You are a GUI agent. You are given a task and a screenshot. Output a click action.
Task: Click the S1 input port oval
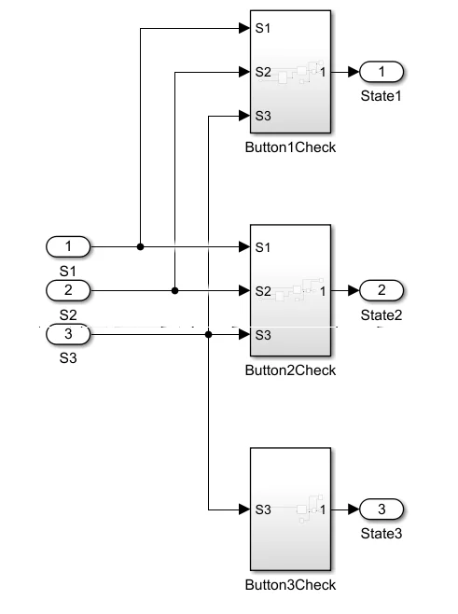(68, 246)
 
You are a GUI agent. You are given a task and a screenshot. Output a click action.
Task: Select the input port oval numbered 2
(68, 290)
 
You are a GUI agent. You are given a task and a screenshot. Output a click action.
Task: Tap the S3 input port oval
(68, 334)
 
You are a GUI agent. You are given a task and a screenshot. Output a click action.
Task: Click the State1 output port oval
(382, 72)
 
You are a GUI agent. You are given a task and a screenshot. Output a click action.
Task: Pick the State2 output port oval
(382, 290)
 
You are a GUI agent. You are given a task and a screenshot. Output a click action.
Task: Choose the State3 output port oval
(382, 509)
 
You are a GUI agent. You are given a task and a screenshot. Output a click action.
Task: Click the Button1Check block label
(290, 147)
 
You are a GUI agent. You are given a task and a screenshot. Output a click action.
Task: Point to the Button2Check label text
(290, 370)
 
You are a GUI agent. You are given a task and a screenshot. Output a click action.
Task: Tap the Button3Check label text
(290, 585)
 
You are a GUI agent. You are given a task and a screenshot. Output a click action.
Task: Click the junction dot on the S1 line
(140, 246)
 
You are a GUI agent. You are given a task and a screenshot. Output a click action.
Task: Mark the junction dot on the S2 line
(174, 290)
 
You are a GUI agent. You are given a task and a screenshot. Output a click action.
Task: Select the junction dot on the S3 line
(208, 334)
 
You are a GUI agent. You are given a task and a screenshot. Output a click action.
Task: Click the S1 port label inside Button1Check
(263, 28)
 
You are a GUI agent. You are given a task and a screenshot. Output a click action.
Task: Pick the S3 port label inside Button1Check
(263, 116)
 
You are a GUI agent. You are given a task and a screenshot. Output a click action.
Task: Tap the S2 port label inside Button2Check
(263, 291)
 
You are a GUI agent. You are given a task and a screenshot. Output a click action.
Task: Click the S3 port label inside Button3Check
(263, 509)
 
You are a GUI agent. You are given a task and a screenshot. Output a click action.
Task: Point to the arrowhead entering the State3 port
(354, 509)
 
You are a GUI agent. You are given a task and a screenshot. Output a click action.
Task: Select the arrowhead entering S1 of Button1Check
(244, 28)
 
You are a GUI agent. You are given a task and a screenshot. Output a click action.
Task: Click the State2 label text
(382, 315)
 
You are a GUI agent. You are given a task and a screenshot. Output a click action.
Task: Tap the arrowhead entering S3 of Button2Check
(244, 334)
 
